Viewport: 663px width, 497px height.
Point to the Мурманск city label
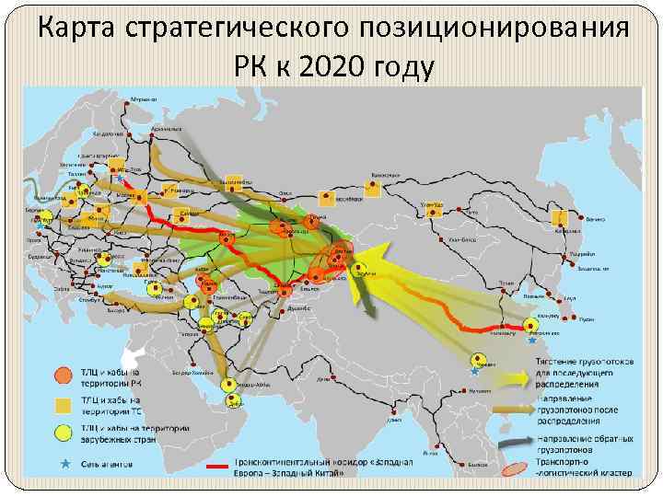143,98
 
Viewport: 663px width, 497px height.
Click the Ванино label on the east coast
596,219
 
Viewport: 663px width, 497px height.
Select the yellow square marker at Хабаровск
558,218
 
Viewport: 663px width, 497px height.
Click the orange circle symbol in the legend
62,374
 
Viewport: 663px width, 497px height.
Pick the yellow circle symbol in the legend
62,433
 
